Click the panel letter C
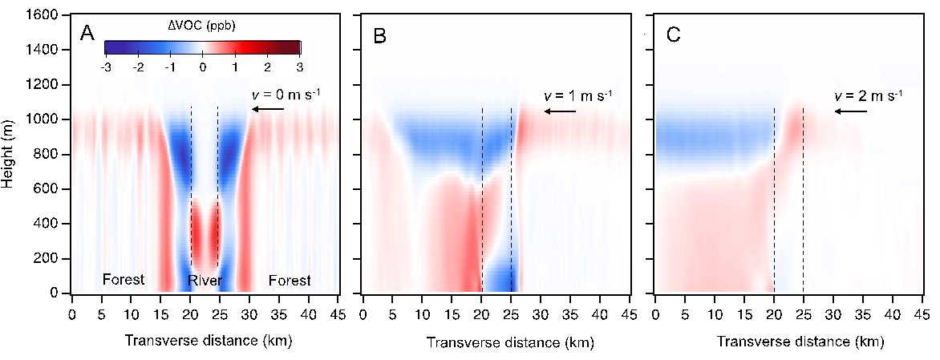coord(674,36)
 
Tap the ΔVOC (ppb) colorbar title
coord(201,26)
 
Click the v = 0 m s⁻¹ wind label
coord(287,95)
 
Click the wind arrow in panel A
coord(266,110)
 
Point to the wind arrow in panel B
coord(559,111)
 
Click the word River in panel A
coord(205,281)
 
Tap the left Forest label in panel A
coord(124,280)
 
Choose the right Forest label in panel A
coord(290,280)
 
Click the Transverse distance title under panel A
coord(209,340)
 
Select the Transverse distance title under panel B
coord(505,342)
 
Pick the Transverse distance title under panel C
coord(796,342)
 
